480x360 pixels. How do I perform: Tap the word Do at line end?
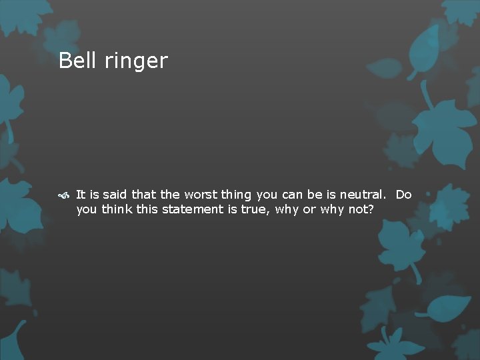(x=403, y=195)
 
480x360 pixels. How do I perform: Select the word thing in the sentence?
(x=236, y=195)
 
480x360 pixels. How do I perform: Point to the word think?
(x=117, y=209)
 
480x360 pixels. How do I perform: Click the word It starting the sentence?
(x=80, y=195)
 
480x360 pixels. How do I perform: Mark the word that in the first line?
(x=144, y=195)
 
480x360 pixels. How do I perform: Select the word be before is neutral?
(x=315, y=195)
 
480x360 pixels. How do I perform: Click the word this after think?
(x=148, y=209)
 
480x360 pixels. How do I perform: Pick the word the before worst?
(x=170, y=195)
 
